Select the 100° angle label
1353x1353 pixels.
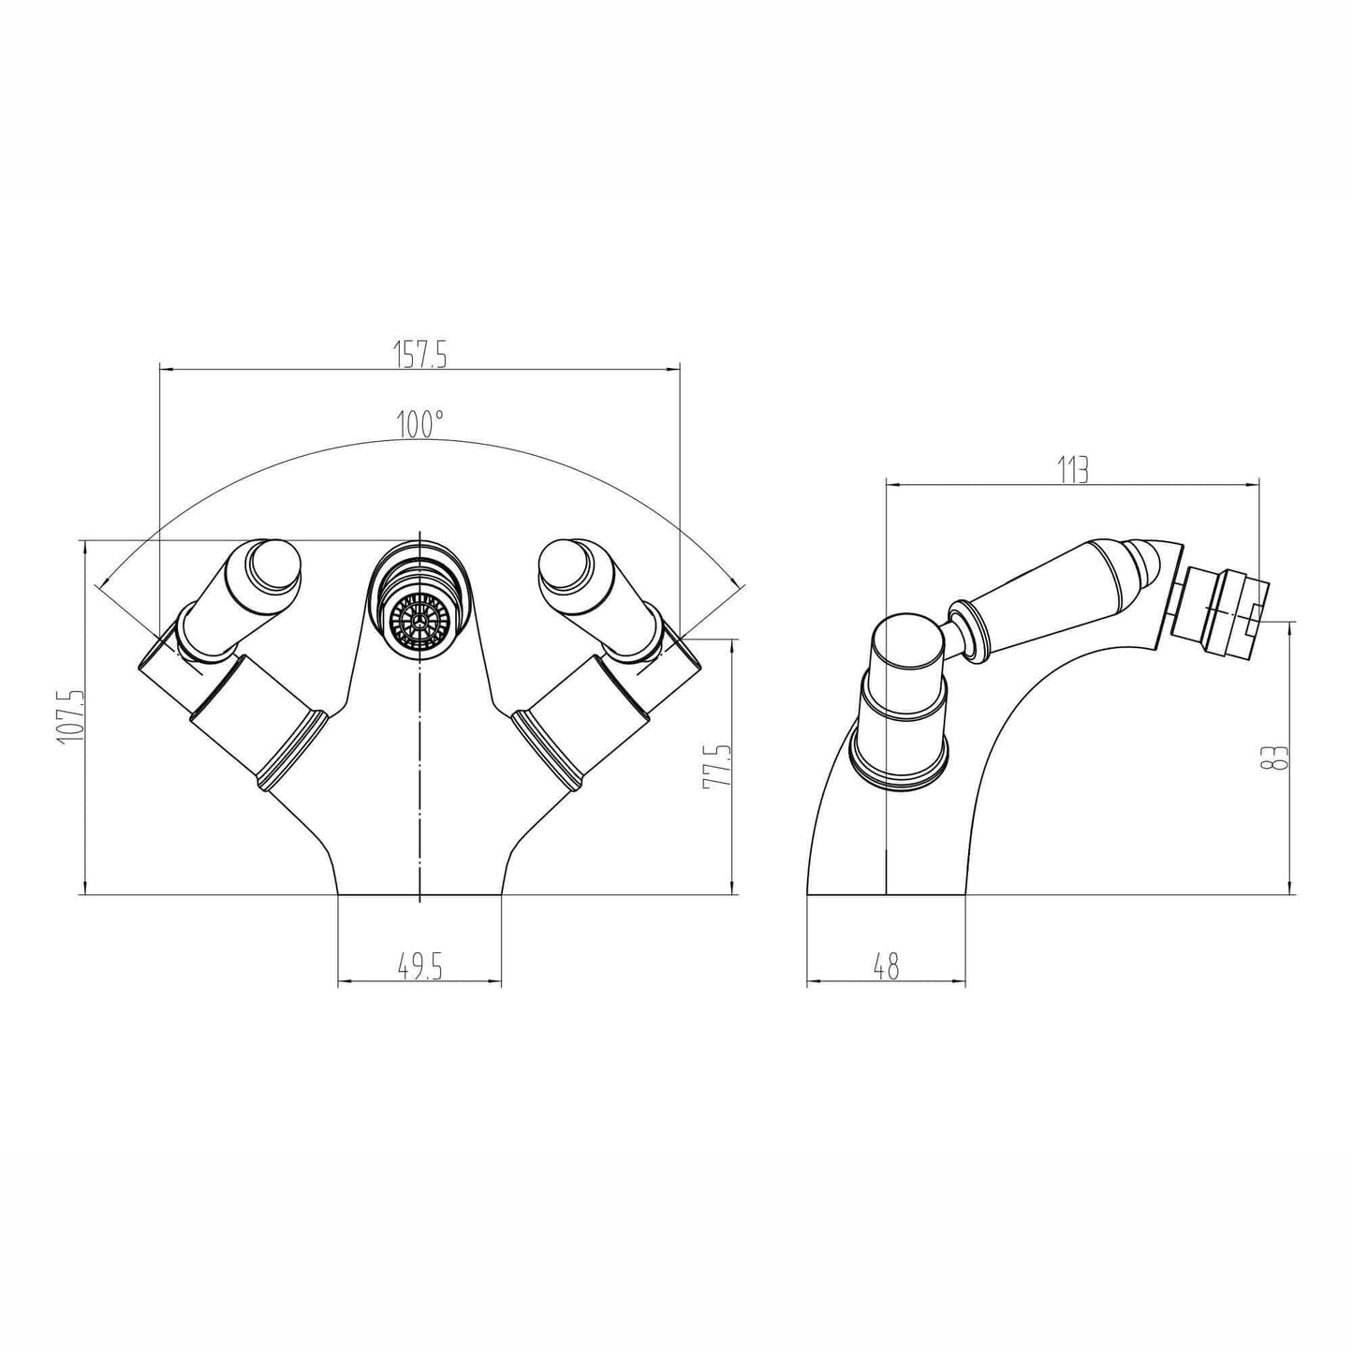[419, 424]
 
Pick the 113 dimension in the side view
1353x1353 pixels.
[1073, 469]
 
